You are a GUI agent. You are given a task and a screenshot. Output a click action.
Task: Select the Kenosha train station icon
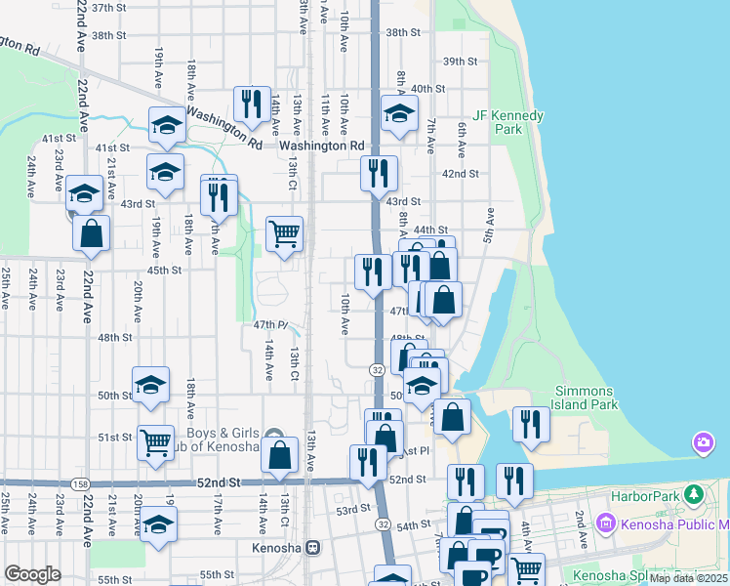click(312, 548)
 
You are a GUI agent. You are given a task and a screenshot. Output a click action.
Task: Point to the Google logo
click(32, 574)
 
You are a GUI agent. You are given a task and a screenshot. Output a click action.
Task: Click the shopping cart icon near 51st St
click(155, 442)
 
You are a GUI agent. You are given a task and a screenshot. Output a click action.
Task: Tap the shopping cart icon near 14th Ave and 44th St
click(284, 233)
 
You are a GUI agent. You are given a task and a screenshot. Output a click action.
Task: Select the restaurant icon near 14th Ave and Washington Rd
click(252, 103)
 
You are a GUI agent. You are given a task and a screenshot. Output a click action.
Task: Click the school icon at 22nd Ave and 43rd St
click(85, 192)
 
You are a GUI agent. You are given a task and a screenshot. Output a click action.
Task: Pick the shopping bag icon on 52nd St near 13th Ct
click(280, 455)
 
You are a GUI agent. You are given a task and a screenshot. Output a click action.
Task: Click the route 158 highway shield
click(79, 483)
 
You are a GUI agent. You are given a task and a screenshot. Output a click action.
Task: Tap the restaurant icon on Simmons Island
click(531, 423)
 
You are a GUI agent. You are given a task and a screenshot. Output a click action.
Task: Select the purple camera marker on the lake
click(703, 444)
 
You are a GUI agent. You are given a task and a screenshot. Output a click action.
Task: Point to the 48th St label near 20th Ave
click(114, 338)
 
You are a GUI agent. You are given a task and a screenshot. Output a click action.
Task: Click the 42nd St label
click(461, 174)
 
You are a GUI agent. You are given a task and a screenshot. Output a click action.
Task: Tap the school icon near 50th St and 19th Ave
click(150, 385)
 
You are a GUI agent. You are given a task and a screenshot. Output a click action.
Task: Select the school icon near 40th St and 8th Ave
click(398, 113)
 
